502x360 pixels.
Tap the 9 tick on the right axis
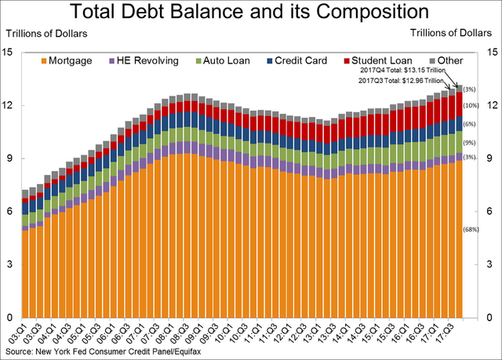pyautogui.click(x=490, y=158)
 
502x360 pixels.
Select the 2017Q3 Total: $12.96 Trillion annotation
pyautogui.click(x=400, y=82)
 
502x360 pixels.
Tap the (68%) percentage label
pyautogui.click(x=471, y=230)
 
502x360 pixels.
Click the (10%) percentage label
pyautogui.click(x=471, y=106)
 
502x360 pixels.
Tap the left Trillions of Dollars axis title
pyautogui.click(x=47, y=34)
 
